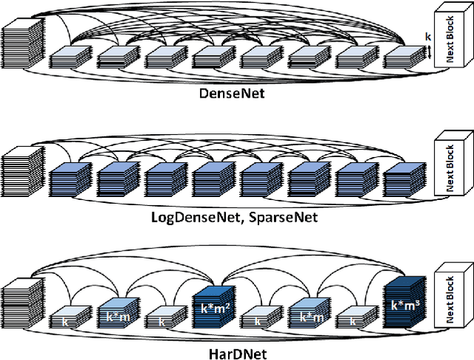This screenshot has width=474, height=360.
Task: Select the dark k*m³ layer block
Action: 405,304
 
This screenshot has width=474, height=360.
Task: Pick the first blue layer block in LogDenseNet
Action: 71,181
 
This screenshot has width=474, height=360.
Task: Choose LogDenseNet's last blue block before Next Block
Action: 404,181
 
